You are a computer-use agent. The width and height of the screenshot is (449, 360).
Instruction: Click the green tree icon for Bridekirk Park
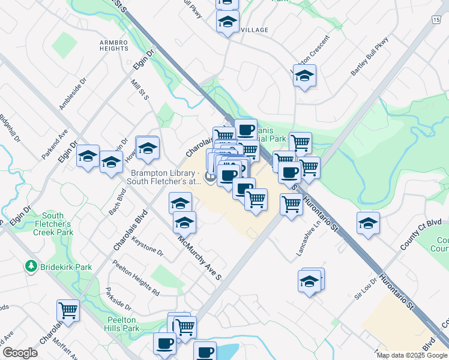coord(30,265)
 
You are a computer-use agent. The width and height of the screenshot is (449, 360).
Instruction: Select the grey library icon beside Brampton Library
coord(209,176)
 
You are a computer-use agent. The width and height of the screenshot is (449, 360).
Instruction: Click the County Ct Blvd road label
coord(421,235)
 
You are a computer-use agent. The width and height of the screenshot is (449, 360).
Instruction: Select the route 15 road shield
coord(436,20)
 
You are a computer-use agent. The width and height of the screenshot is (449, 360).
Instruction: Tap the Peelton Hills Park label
coord(124,323)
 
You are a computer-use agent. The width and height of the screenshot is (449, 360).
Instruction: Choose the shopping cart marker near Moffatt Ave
coord(68,311)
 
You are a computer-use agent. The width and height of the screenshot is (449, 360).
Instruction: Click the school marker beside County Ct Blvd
coord(368,224)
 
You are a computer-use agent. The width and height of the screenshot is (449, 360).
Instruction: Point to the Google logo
coord(20,352)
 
